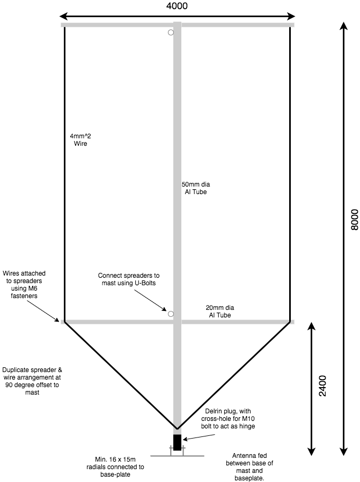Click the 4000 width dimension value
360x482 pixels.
click(x=177, y=6)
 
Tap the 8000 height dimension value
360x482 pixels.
click(x=355, y=219)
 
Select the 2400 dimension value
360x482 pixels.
click(x=322, y=386)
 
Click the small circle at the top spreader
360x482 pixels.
click(x=171, y=32)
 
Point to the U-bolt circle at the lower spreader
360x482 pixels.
click(x=171, y=314)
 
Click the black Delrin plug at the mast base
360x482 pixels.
click(x=177, y=442)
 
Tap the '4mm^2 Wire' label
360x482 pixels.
click(x=80, y=139)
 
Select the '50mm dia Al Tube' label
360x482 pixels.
click(x=196, y=188)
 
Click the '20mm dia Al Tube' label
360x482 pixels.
click(x=219, y=311)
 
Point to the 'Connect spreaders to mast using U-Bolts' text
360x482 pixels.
click(x=129, y=279)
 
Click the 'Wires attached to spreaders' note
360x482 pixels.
click(x=24, y=285)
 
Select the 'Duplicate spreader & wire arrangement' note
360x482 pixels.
click(x=32, y=381)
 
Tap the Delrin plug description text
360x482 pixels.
click(x=228, y=419)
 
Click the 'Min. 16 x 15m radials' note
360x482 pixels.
click(x=115, y=467)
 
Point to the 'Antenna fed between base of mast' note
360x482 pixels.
click(x=249, y=466)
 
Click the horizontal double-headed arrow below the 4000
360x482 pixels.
click(x=177, y=16)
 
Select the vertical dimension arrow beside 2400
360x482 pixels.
click(x=312, y=389)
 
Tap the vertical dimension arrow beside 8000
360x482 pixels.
click(x=344, y=239)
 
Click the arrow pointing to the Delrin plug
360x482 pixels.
click(x=199, y=437)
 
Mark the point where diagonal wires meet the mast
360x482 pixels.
click(x=177, y=428)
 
